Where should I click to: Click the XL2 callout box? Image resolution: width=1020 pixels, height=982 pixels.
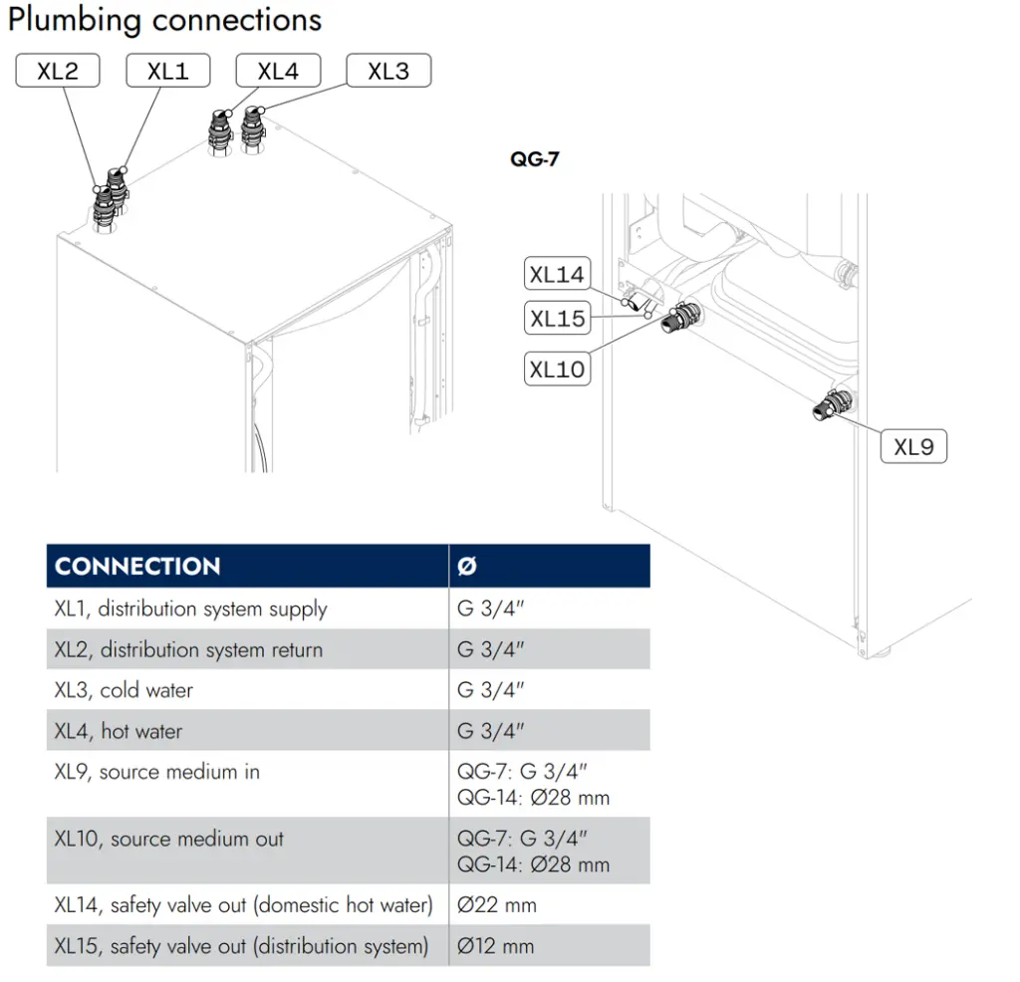point(58,71)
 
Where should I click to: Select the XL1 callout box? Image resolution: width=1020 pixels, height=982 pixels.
point(167,71)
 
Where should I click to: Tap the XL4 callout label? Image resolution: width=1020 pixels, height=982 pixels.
point(279,71)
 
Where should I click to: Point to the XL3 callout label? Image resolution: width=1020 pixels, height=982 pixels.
point(389,71)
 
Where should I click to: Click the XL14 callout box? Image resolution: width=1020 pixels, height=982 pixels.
point(558,274)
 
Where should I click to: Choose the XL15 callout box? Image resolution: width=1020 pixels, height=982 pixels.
point(558,318)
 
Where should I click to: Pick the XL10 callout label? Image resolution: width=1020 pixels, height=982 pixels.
point(558,369)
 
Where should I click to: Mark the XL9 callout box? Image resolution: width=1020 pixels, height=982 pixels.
point(914,447)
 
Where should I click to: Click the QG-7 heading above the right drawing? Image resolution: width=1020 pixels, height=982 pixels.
point(535,159)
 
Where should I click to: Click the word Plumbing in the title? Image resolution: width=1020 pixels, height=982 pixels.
point(74,20)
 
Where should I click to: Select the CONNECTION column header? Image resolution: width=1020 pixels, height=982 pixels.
point(137,567)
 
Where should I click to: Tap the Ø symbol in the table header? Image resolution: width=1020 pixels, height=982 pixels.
point(467,567)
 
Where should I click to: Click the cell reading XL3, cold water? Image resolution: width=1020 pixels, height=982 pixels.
point(124,690)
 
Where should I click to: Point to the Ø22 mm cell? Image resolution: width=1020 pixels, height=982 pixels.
point(497,904)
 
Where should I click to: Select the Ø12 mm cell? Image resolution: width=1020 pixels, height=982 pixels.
point(496,946)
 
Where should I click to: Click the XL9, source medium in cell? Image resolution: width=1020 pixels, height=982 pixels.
point(156,772)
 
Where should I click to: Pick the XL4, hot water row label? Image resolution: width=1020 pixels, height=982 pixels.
point(119,731)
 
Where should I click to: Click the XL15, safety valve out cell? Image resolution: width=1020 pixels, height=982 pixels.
point(241,946)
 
